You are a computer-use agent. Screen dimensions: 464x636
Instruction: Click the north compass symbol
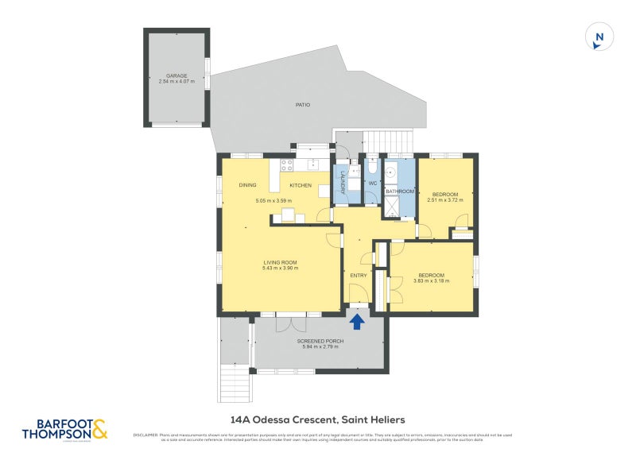coord(599,37)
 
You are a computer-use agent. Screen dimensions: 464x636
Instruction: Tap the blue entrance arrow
coord(358,320)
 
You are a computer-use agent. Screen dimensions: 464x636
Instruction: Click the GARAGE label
coord(176,76)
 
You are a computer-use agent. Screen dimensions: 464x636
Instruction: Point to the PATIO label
coord(302,105)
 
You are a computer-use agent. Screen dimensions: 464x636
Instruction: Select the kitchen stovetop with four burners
coord(286,166)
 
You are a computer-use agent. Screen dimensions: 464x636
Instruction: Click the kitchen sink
coord(314,165)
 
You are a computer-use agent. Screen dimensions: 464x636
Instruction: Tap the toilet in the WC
coord(371,168)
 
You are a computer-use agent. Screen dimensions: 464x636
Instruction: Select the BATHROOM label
coord(400,191)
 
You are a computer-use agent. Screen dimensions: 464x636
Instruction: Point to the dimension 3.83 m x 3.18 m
coord(432,280)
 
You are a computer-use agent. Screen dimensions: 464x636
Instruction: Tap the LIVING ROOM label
coord(281,262)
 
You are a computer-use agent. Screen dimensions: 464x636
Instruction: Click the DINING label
coord(248,185)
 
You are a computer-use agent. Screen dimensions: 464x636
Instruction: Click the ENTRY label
coord(359,276)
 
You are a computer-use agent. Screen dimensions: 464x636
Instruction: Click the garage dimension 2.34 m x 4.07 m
coord(176,82)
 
